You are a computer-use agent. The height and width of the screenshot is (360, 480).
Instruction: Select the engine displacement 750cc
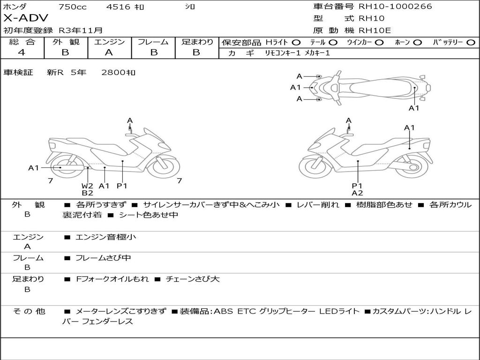(72, 7)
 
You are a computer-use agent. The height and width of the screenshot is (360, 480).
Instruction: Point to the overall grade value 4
(22, 52)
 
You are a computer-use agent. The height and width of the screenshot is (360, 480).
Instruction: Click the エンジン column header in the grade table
(109, 42)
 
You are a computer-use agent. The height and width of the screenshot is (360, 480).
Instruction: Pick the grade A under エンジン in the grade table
(109, 52)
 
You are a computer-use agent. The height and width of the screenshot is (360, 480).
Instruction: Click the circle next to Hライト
(296, 43)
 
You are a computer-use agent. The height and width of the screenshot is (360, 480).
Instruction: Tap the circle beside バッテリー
(471, 43)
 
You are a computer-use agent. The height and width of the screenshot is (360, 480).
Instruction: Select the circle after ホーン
(418, 43)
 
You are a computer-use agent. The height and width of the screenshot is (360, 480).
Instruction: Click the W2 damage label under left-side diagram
(87, 186)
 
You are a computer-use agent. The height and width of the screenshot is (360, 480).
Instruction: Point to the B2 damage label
(87, 193)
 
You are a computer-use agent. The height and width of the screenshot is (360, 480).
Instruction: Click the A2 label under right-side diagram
(358, 193)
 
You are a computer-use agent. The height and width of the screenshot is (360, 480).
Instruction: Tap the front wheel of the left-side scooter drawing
(162, 167)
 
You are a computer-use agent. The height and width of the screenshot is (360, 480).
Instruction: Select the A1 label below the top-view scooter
(414, 108)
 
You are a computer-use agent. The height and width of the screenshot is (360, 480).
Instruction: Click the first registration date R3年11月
(80, 30)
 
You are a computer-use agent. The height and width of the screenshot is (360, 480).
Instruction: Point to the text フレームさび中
(104, 258)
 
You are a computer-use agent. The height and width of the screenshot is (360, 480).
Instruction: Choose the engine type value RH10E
(375, 30)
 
